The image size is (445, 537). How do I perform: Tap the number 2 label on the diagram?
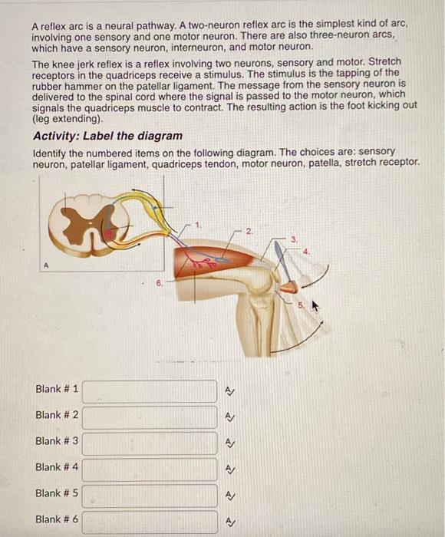(x=248, y=229)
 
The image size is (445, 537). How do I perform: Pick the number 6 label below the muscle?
(x=159, y=282)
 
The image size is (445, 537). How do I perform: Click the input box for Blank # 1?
(x=150, y=391)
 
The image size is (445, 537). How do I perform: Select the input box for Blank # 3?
(x=150, y=443)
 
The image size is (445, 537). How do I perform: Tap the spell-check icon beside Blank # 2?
(x=229, y=417)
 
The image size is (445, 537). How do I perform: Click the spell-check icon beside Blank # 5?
(x=229, y=496)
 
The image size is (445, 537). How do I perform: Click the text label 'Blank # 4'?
(x=57, y=466)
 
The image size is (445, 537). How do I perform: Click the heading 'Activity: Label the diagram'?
(x=107, y=136)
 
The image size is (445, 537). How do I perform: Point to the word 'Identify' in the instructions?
(x=51, y=152)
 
